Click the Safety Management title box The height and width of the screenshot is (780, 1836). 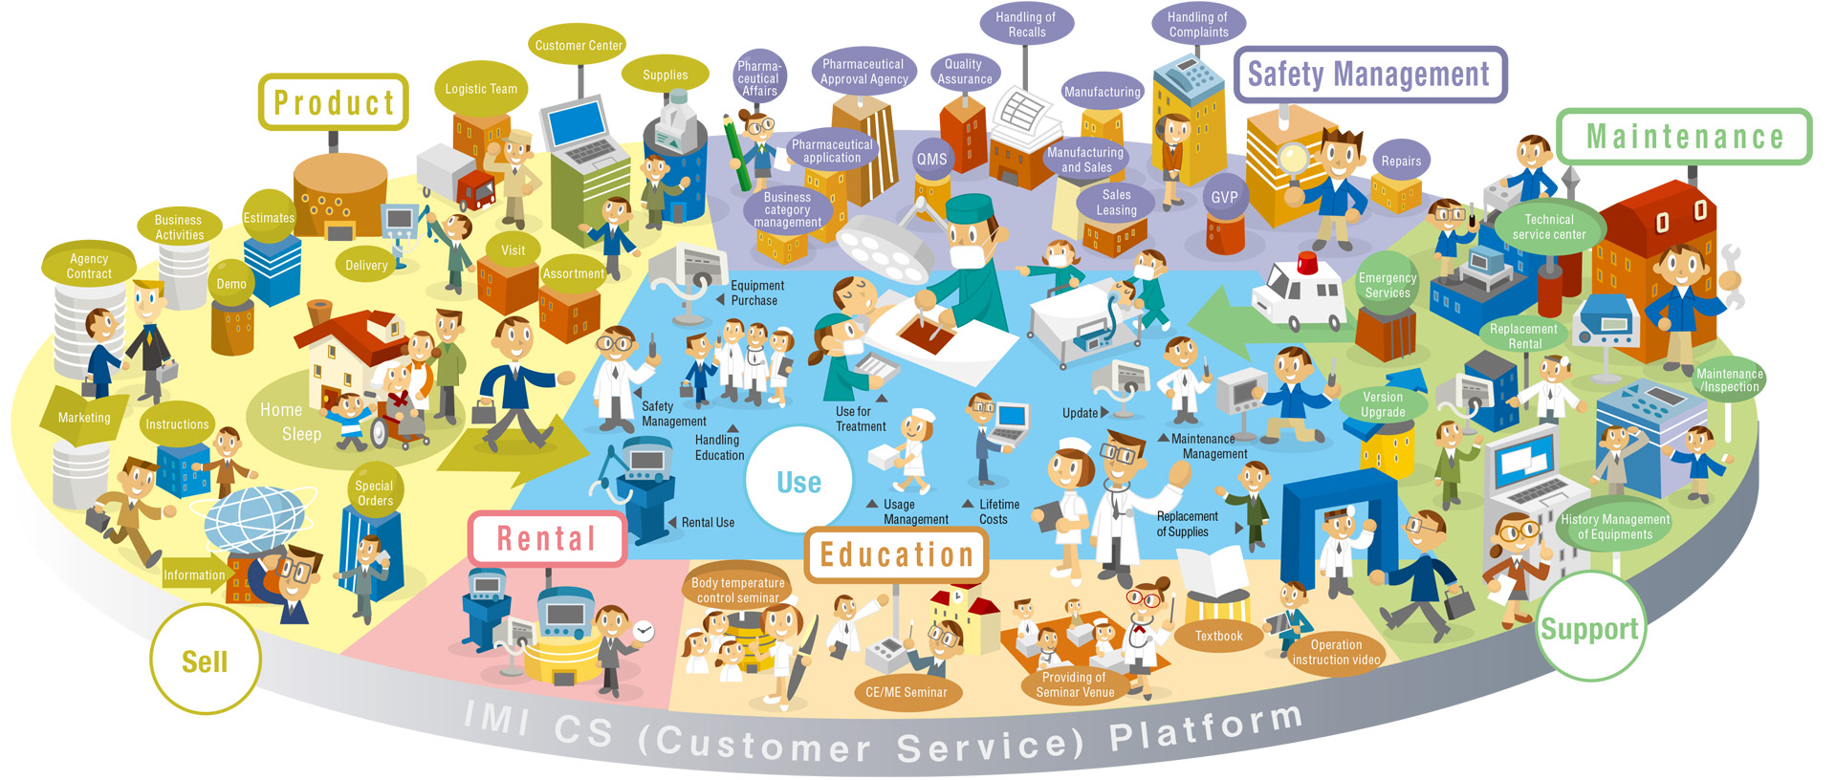pyautogui.click(x=1369, y=75)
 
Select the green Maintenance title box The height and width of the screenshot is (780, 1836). pyautogui.click(x=1684, y=137)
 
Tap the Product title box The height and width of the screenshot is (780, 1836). pyautogui.click(x=333, y=102)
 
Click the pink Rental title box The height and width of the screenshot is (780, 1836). pyautogui.click(x=546, y=539)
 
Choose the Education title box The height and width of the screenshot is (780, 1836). pyautogui.click(x=896, y=554)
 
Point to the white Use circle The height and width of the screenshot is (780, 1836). pyautogui.click(x=798, y=482)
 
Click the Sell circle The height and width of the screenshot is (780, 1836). pyautogui.click(x=205, y=661)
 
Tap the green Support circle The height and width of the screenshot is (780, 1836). pyautogui.click(x=1589, y=628)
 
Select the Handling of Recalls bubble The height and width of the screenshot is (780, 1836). pyautogui.click(x=1025, y=24)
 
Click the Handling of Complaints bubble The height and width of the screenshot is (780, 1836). pyautogui.click(x=1197, y=24)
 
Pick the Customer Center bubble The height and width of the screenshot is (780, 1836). pyautogui.click(x=579, y=45)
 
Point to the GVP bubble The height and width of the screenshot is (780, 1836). pyautogui.click(x=1224, y=197)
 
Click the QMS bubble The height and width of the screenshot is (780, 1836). pyautogui.click(x=931, y=160)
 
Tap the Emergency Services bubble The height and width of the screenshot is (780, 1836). pyautogui.click(x=1387, y=285)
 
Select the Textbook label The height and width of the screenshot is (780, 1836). pyautogui.click(x=1218, y=636)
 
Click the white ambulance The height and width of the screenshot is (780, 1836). pyautogui.click(x=1298, y=291)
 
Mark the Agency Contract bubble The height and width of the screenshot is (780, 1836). pyautogui.click(x=89, y=266)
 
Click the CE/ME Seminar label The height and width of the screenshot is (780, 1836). pyautogui.click(x=906, y=692)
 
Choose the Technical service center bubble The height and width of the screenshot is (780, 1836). pyautogui.click(x=1548, y=227)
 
